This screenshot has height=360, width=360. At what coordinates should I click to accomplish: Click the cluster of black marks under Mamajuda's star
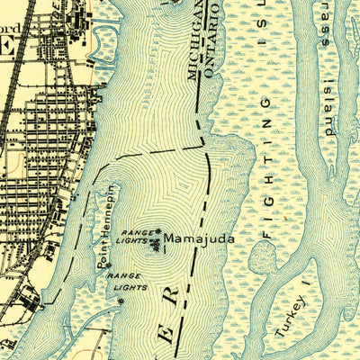163,247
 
